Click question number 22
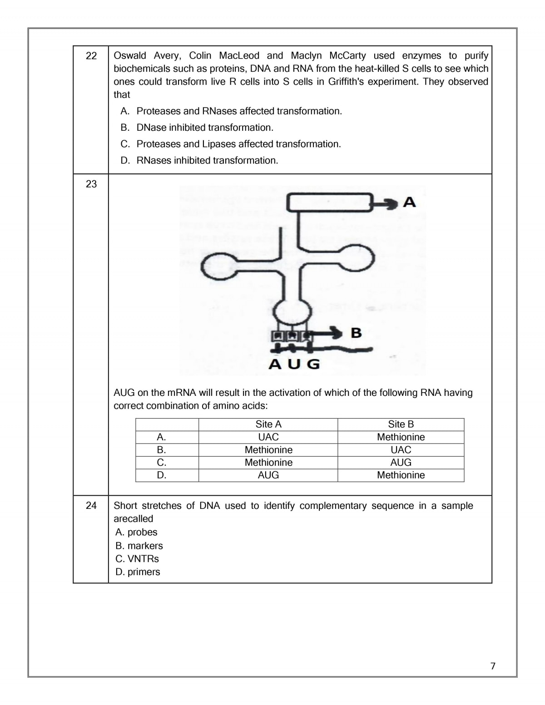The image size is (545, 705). pos(91,56)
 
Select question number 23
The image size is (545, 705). pos(91,184)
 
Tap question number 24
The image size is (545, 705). pos(91,506)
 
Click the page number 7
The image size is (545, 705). pos(493,666)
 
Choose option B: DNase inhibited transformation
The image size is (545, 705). pos(205,128)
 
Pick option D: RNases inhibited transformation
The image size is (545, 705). pos(207,160)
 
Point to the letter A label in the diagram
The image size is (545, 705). pos(409,202)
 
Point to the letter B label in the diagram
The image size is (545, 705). pos(357,333)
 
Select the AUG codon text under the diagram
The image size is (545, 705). pos(294,364)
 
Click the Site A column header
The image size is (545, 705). pos(268,424)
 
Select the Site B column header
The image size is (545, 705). pos(401,424)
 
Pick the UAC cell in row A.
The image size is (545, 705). pos(268,437)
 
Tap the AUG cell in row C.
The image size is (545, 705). pos(401,463)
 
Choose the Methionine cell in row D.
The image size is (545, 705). pos(401,475)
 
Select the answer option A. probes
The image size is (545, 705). pos(136,532)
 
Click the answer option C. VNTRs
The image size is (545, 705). pos(137,559)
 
